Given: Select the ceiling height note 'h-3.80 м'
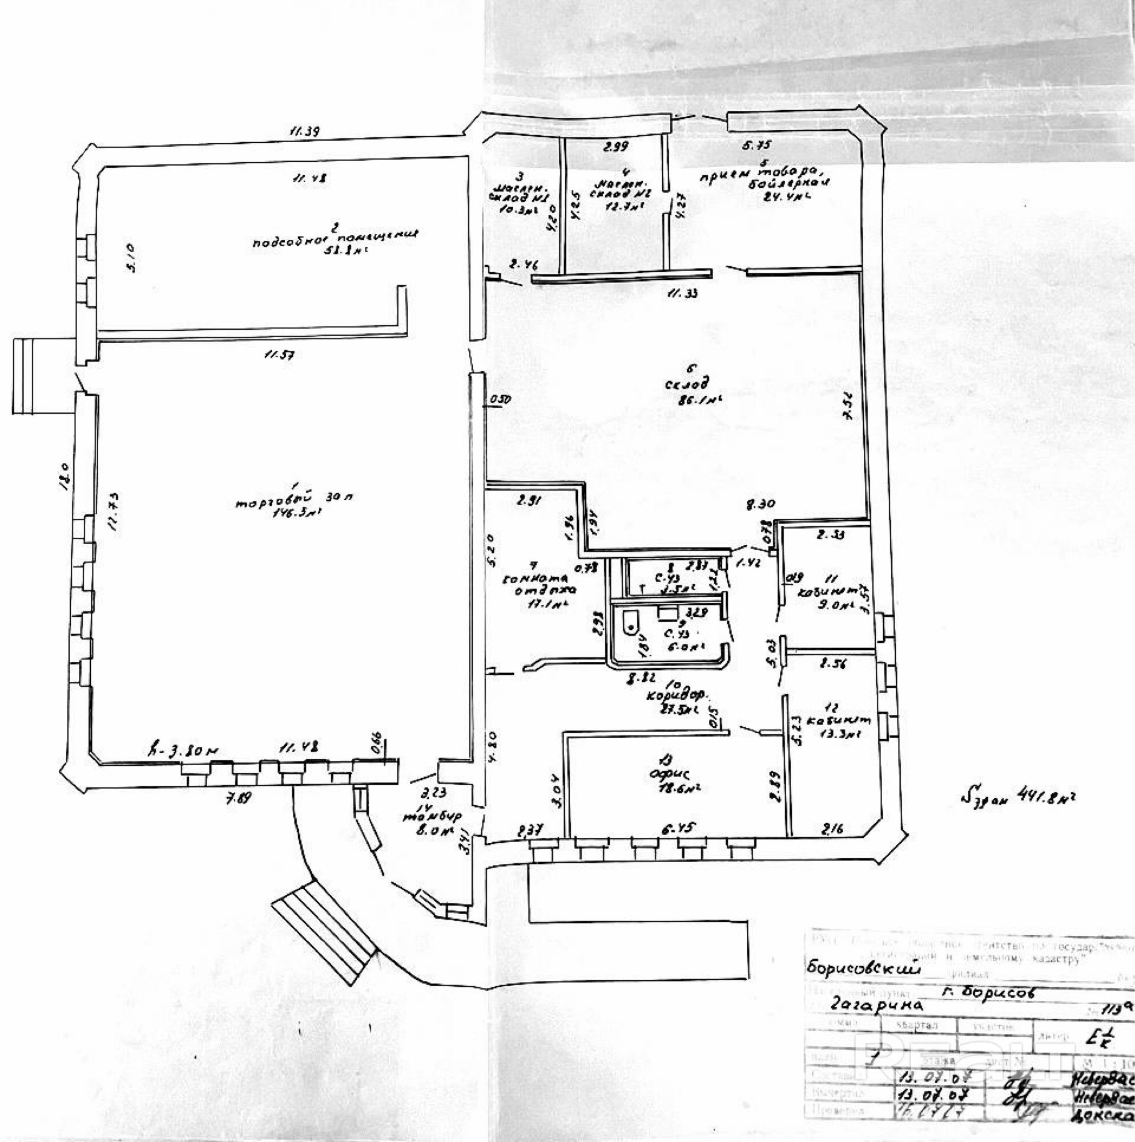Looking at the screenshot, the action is [x=184, y=750].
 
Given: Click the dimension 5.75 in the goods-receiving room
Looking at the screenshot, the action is [x=761, y=144].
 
